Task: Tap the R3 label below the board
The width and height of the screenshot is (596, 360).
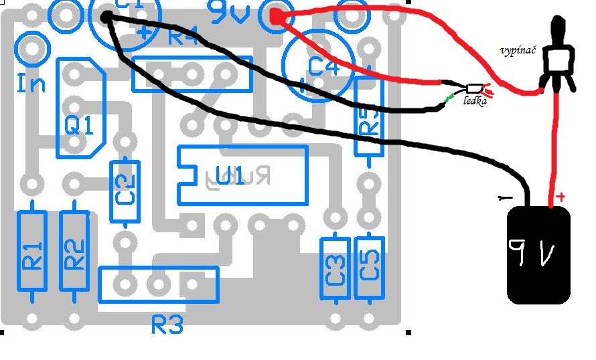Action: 167,325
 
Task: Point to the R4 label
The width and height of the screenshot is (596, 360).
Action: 182,36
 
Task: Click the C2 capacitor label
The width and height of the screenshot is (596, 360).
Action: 125,190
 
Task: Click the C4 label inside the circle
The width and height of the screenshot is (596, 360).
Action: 324,66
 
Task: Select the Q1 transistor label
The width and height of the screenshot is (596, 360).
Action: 79,124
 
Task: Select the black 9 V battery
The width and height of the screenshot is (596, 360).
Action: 538,255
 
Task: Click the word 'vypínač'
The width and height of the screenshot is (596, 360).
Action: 518,51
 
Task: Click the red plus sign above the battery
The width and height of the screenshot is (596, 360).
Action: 561,197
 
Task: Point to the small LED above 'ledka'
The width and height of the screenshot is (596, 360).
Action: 473,88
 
